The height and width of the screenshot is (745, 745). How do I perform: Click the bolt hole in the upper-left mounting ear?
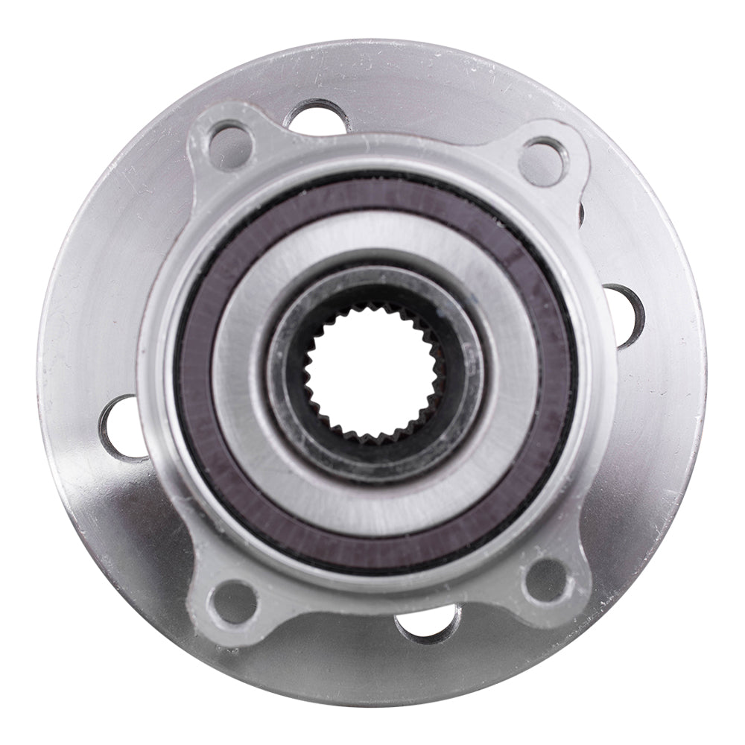pos(229,147)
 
